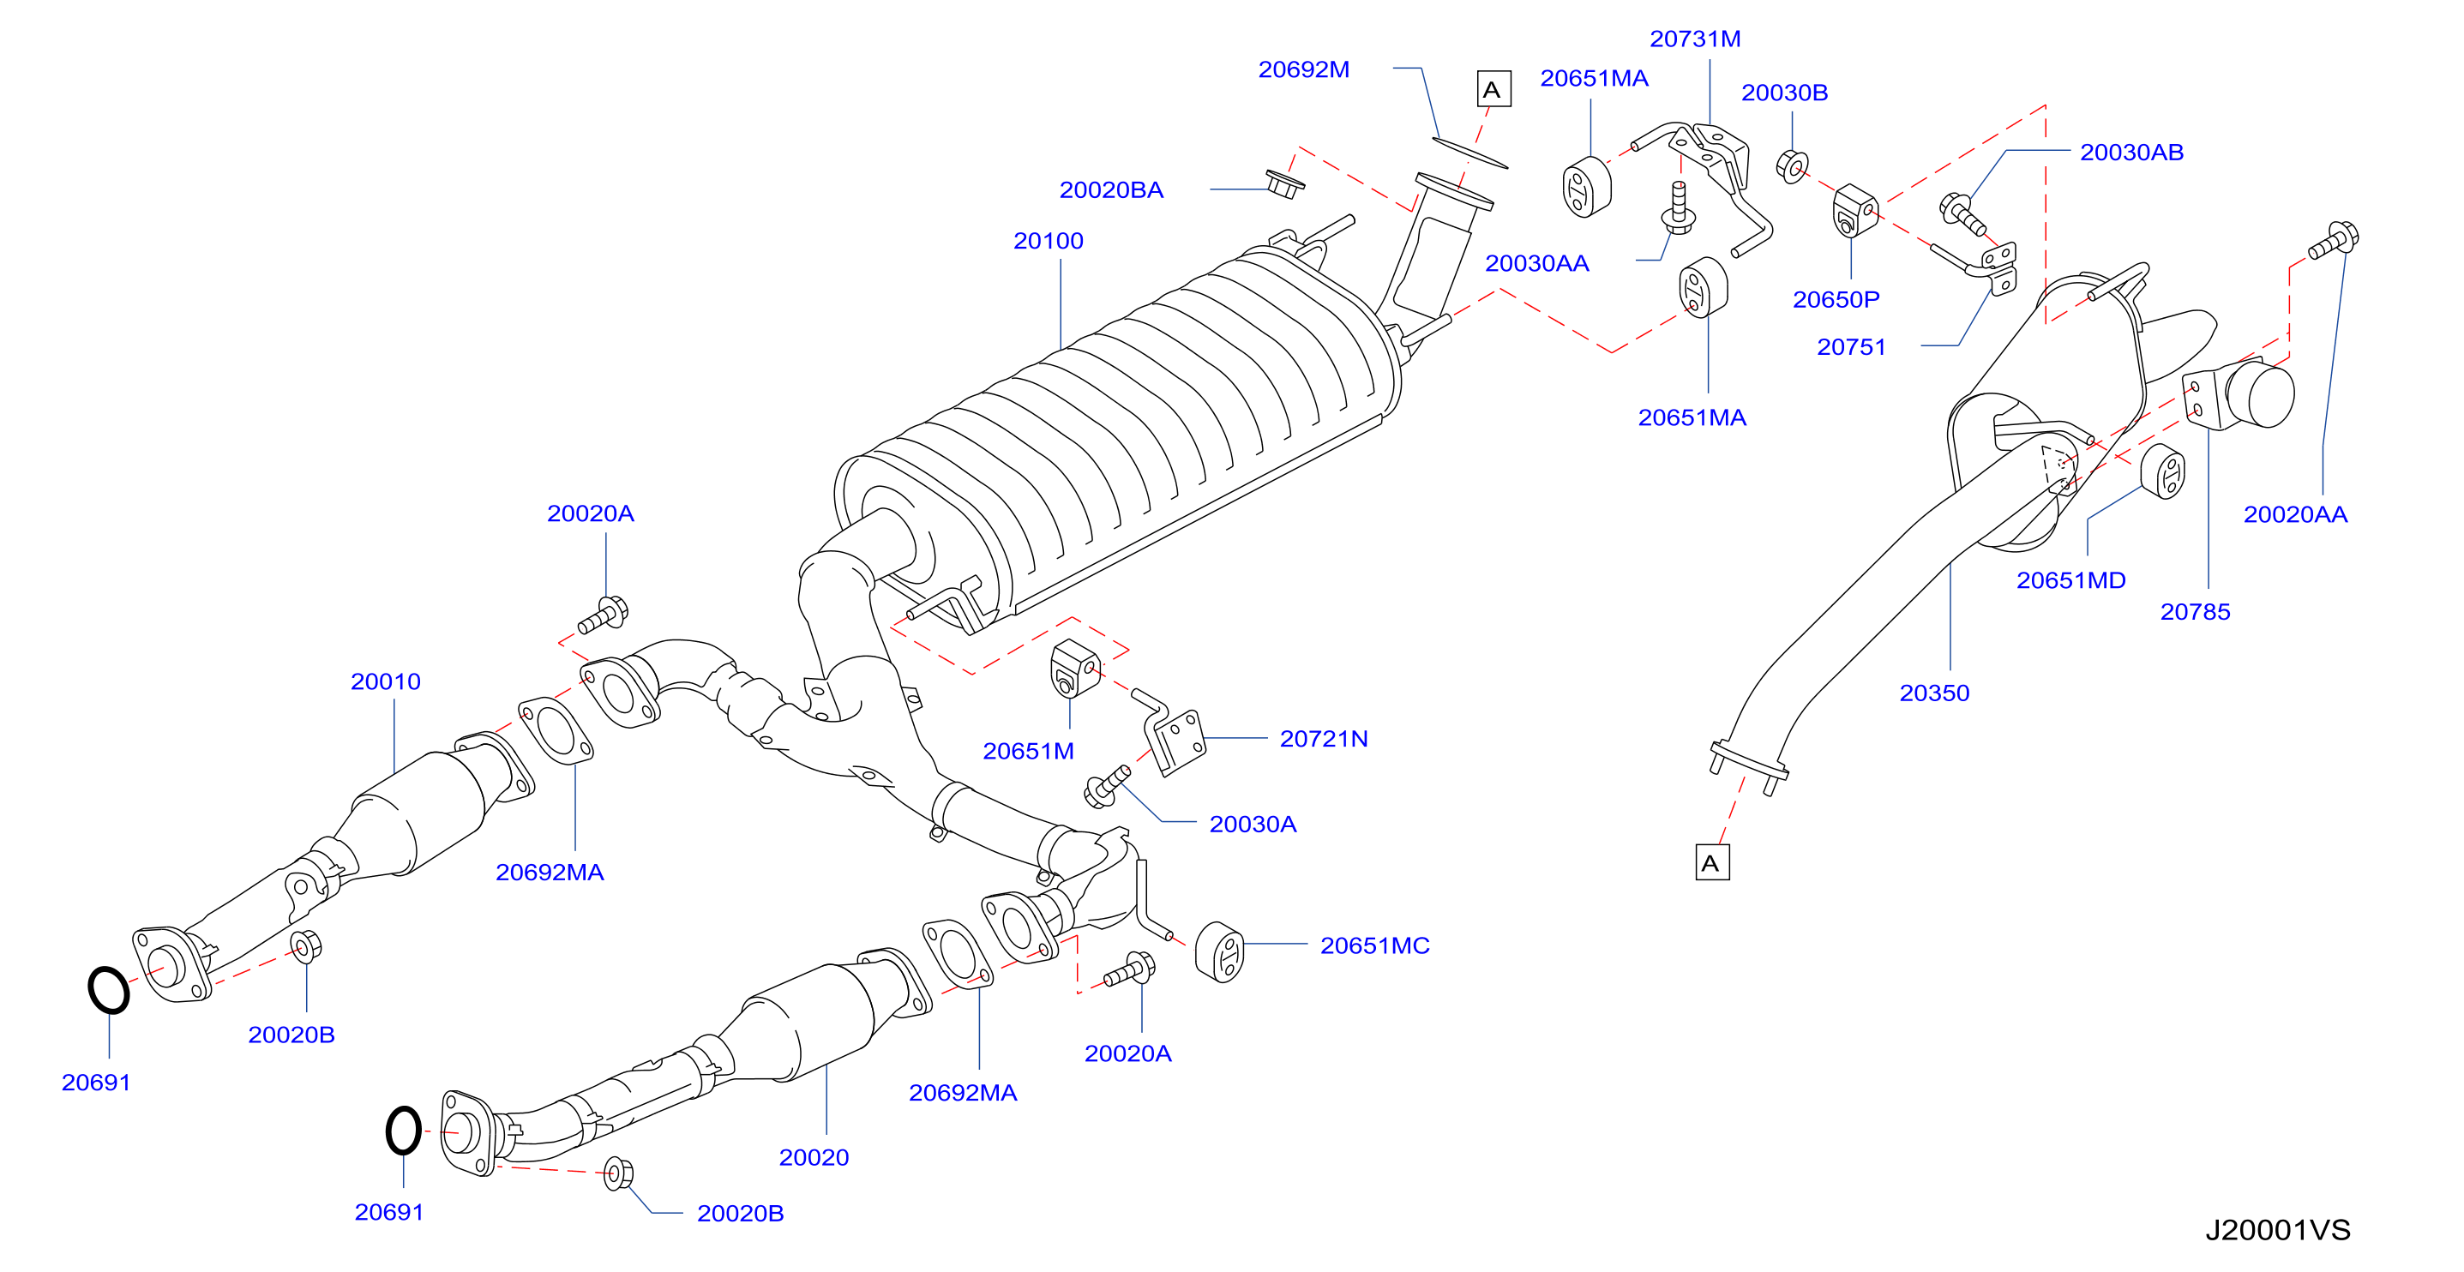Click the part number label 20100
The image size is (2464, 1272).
tap(1049, 241)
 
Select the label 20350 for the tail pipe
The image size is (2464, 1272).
tap(1934, 693)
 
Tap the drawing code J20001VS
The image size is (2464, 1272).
tap(2277, 1230)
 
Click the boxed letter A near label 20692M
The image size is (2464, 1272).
tap(1493, 90)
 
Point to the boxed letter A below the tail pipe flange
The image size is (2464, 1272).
tap(1712, 862)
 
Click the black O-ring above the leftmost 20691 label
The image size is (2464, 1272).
tap(108, 990)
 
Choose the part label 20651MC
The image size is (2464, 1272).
tap(1374, 946)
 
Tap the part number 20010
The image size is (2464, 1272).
tap(386, 682)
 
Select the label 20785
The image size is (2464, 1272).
tap(2195, 612)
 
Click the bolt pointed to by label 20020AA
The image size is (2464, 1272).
tap(2334, 240)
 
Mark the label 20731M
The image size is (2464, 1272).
tap(1695, 39)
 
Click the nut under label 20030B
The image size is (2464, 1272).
tap(1792, 166)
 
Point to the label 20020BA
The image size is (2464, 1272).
tap(1111, 190)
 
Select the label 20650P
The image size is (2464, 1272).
tap(1836, 300)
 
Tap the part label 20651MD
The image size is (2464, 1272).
tap(2070, 580)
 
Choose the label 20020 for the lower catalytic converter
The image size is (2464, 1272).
tap(814, 1158)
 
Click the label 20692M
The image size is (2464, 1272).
tap(1304, 69)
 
